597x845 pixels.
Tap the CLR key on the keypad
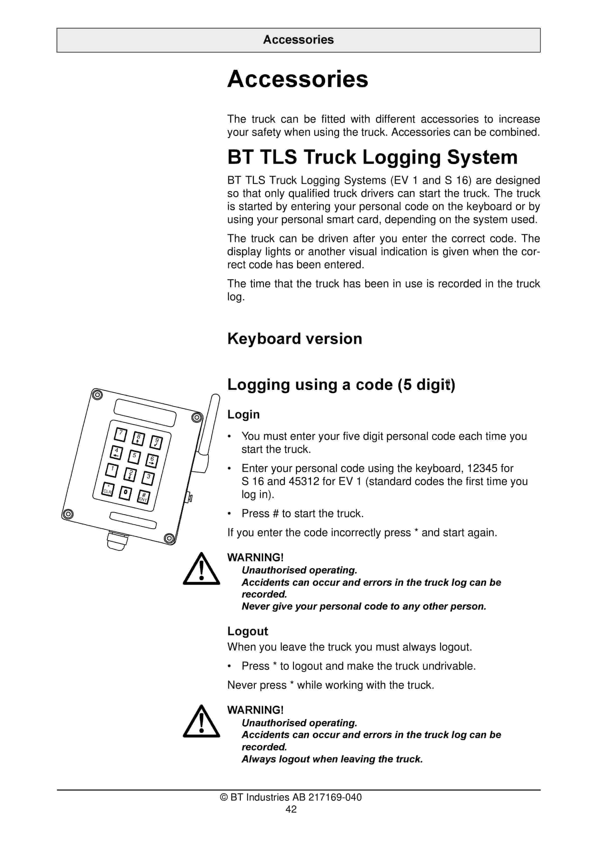pyautogui.click(x=107, y=489)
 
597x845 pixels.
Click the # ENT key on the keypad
pyautogui.click(x=143, y=497)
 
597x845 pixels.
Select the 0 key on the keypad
pyautogui.click(x=125, y=493)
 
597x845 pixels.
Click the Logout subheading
pyautogui.click(x=247, y=631)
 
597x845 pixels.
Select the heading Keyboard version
pyautogui.click(x=294, y=339)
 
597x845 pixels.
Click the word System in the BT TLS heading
pyautogui.click(x=482, y=157)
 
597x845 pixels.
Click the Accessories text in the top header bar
pyautogui.click(x=298, y=40)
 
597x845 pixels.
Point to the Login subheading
pyautogui.click(x=243, y=414)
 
